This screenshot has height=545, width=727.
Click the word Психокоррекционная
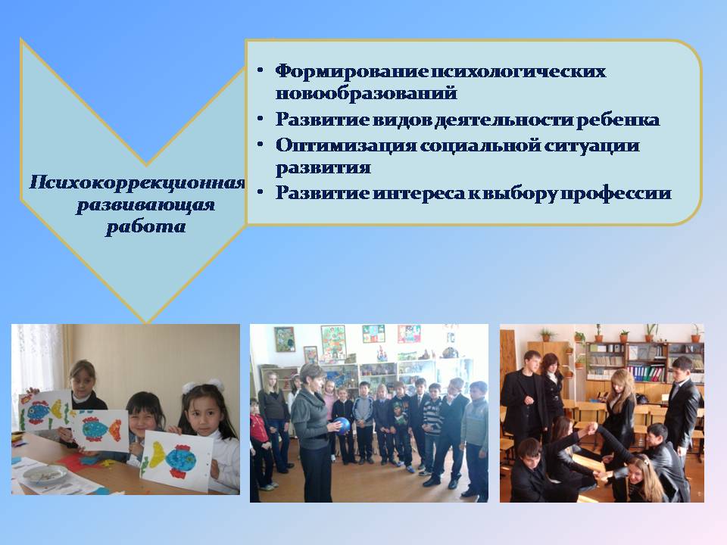click(137, 183)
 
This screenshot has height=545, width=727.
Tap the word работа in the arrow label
click(146, 226)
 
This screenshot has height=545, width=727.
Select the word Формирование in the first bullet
click(351, 71)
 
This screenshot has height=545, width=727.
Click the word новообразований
click(367, 93)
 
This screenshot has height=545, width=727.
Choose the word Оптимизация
click(346, 145)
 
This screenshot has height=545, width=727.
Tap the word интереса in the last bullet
click(418, 193)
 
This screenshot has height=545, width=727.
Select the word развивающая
click(145, 205)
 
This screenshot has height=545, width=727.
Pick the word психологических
click(518, 71)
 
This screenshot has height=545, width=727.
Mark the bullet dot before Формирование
click(261, 70)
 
